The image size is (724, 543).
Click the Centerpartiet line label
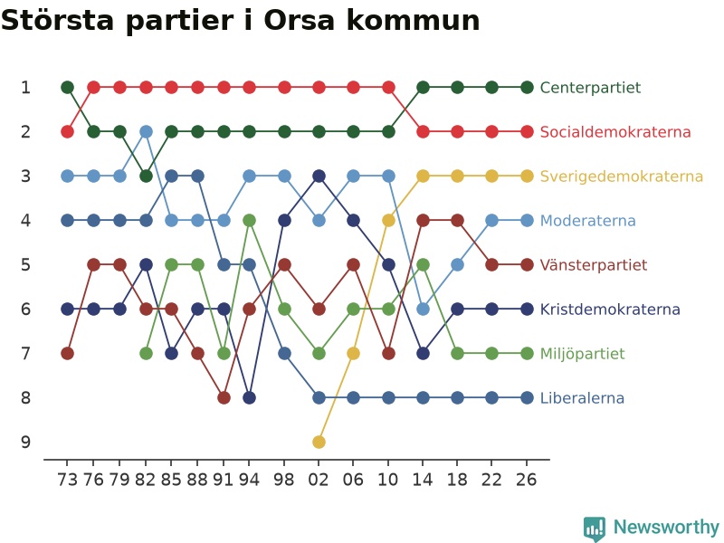(x=590, y=87)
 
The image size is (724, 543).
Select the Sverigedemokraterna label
(x=622, y=176)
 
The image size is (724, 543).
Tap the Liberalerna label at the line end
(x=582, y=397)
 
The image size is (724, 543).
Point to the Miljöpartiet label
(x=582, y=354)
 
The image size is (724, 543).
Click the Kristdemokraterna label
(x=610, y=309)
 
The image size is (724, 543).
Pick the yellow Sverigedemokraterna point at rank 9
(x=319, y=442)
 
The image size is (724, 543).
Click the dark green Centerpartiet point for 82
(x=146, y=176)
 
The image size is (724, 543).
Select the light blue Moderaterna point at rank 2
(x=146, y=131)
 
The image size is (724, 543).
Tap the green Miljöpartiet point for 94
(x=250, y=220)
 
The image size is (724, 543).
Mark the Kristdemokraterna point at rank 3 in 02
(x=319, y=176)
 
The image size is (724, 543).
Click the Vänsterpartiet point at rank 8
(x=224, y=397)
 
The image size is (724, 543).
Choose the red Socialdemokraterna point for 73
(x=67, y=131)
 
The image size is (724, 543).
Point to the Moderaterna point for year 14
(x=423, y=309)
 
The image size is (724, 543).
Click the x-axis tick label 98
(x=283, y=480)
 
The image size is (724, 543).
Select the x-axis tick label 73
(x=67, y=480)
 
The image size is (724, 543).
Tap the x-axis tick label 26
(x=527, y=480)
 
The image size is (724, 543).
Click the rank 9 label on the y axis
(x=26, y=442)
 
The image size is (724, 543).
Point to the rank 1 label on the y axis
(x=26, y=87)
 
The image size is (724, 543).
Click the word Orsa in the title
(x=299, y=20)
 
